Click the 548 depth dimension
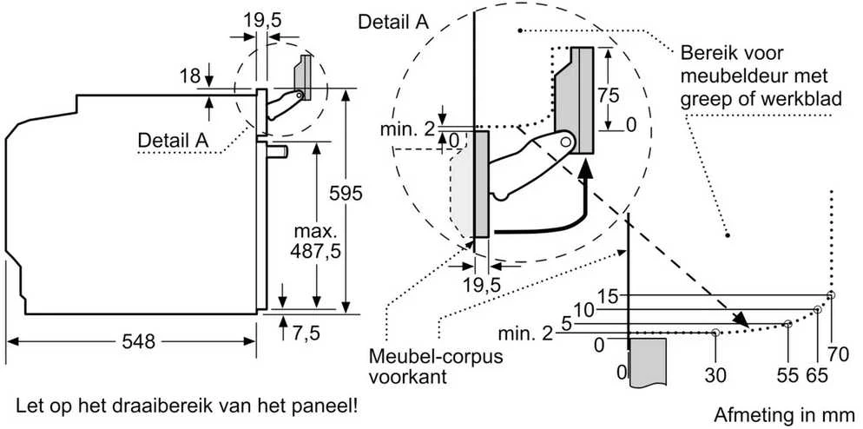(137, 342)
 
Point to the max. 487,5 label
(315, 241)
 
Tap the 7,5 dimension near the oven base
(305, 333)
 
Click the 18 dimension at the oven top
(190, 76)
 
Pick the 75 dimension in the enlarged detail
(608, 96)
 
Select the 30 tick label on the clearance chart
(715, 375)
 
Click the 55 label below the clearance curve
(788, 375)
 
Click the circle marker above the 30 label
(715, 333)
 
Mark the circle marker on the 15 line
(831, 295)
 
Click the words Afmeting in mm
(785, 414)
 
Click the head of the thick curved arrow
(587, 165)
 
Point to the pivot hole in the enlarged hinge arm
(566, 142)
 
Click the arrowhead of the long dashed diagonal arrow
(743, 321)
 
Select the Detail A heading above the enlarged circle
(393, 22)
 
